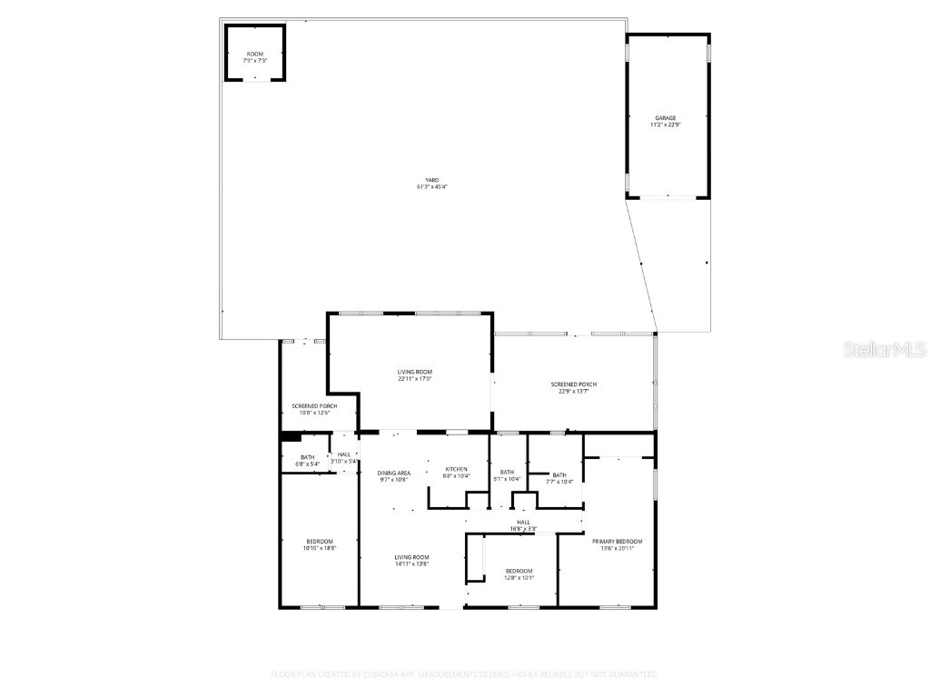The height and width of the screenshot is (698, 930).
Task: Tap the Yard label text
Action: click(x=432, y=180)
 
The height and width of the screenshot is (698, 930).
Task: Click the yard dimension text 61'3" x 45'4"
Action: click(x=432, y=187)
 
